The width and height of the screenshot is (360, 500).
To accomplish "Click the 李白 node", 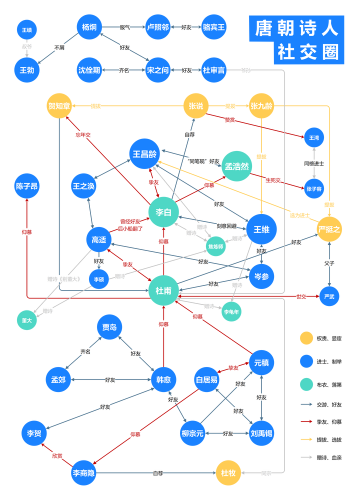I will [x=163, y=212].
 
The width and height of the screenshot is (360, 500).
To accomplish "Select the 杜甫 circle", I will [x=163, y=290].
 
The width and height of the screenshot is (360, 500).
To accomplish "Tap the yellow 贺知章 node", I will [x=58, y=106].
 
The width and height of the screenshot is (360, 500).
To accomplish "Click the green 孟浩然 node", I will [x=236, y=165].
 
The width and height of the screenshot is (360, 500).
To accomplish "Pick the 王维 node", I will [x=261, y=229].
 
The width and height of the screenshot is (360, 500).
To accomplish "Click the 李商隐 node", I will [x=83, y=472].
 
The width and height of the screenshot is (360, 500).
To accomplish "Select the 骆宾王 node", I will [x=214, y=27].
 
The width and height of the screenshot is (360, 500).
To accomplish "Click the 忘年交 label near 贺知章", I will [x=83, y=135].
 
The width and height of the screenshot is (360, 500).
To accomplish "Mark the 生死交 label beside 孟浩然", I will [x=273, y=180].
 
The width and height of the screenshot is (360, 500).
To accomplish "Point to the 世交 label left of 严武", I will [x=301, y=296].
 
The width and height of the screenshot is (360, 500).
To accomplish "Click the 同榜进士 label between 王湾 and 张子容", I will [x=314, y=163].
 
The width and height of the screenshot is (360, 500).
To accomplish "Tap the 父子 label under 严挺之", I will [x=329, y=262].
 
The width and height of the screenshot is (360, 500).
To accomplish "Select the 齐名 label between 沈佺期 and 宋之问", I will [x=124, y=70].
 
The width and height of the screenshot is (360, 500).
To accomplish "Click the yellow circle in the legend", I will [x=306, y=338].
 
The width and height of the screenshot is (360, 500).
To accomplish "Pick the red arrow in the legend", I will [x=306, y=421].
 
